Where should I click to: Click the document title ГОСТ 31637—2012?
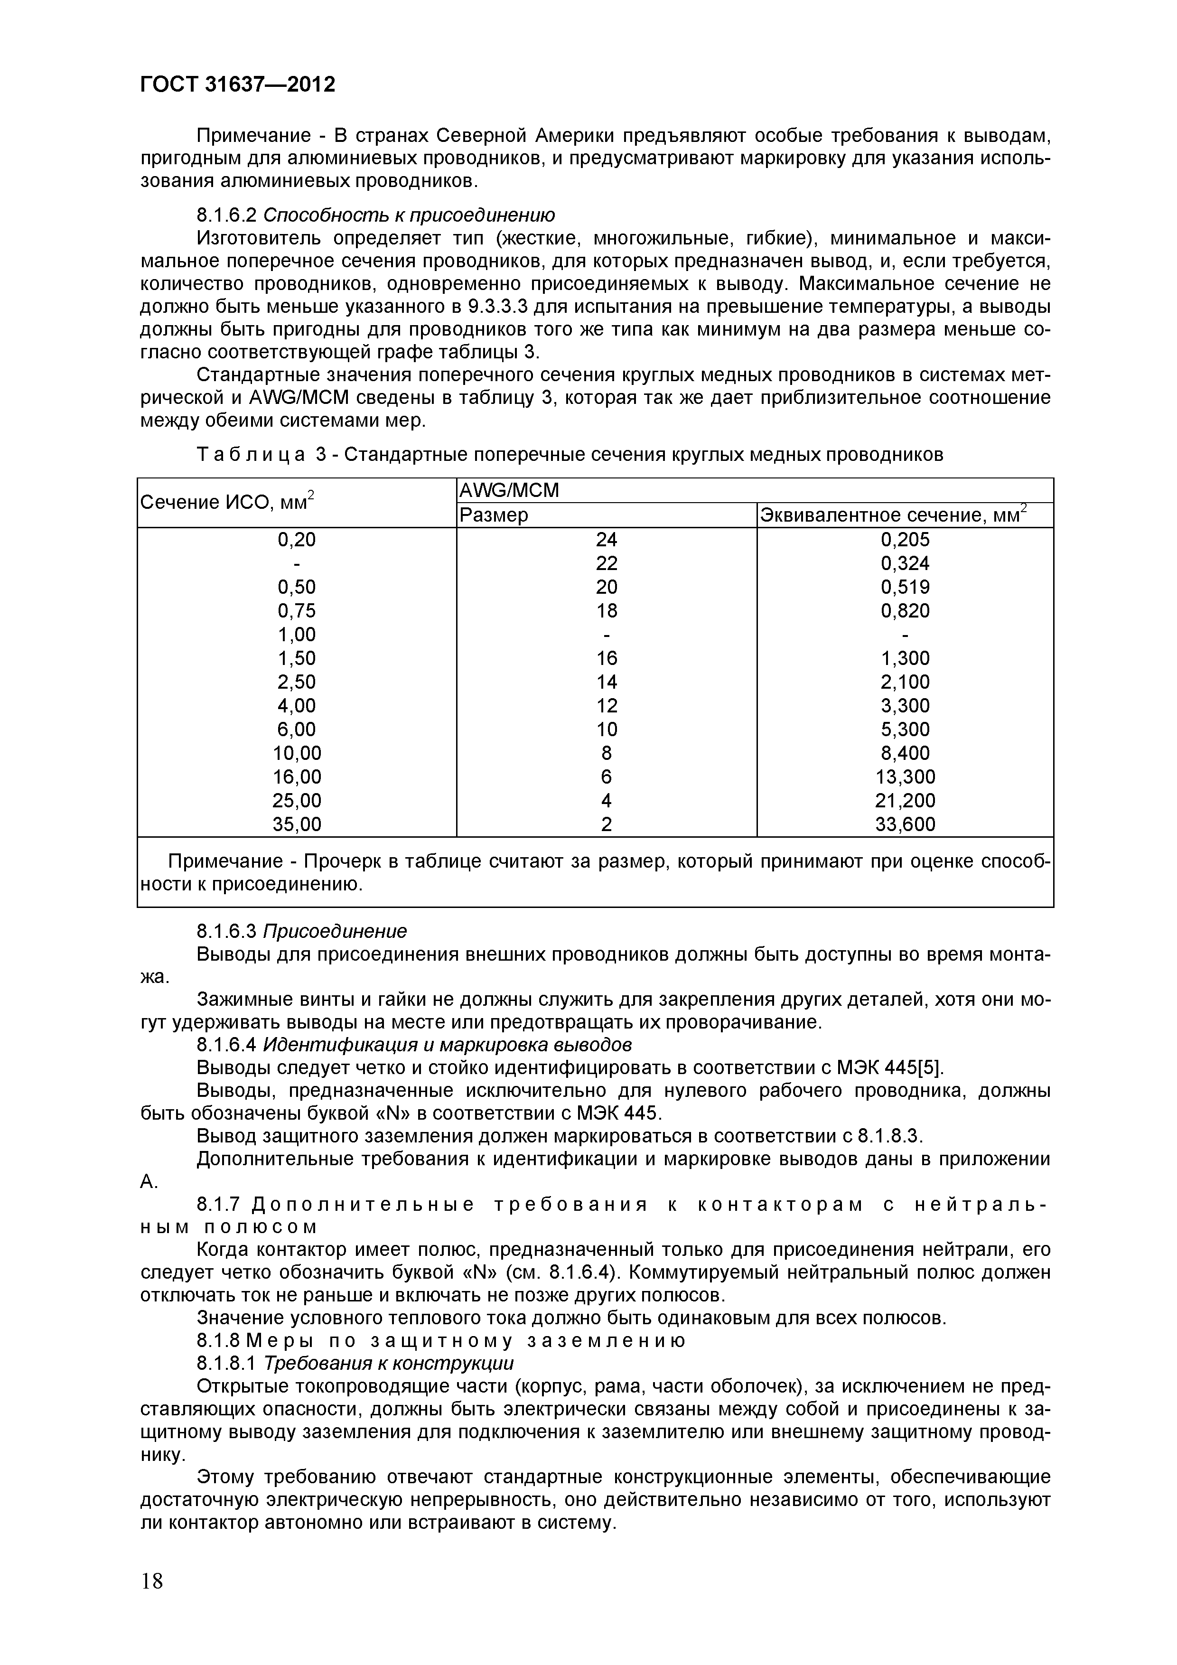point(238,85)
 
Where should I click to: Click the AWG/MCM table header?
point(509,491)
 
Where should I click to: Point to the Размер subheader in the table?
point(494,515)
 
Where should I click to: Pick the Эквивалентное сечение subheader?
point(892,515)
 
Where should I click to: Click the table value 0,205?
point(905,540)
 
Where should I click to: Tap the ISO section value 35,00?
point(297,824)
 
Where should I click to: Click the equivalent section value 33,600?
point(905,824)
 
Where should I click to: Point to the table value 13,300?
point(905,776)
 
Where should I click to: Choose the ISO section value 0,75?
point(297,610)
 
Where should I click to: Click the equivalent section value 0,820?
point(905,610)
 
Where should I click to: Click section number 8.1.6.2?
point(227,215)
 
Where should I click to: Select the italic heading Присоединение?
point(335,931)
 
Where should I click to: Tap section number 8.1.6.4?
point(227,1045)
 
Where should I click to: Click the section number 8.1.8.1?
point(227,1363)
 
